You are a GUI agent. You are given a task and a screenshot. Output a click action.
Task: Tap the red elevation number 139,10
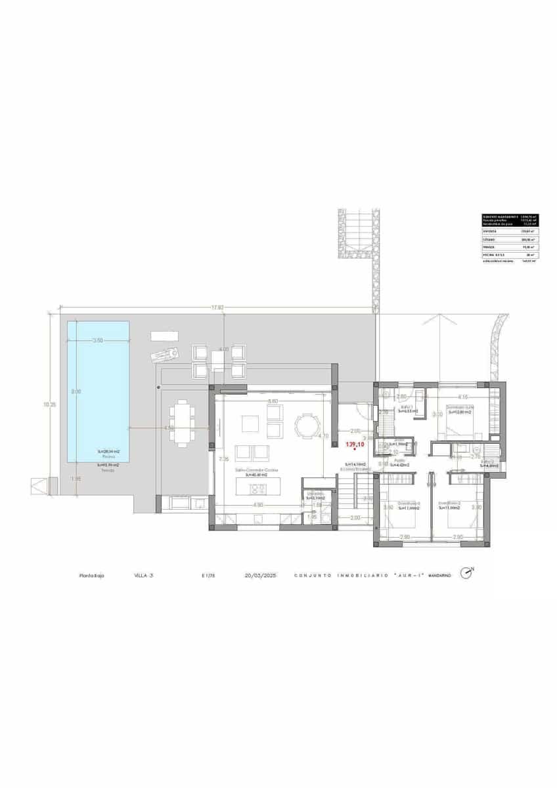(x=355, y=445)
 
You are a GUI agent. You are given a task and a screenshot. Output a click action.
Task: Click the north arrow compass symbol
(x=467, y=573)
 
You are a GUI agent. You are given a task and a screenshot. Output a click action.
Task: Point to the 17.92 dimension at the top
(x=217, y=307)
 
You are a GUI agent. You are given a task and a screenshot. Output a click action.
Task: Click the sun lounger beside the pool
(x=164, y=355)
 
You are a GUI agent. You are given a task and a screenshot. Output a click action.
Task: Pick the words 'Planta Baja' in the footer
(x=91, y=575)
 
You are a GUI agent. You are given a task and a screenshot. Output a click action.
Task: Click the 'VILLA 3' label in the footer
(x=143, y=575)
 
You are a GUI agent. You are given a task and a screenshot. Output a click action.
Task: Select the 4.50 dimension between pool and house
(x=169, y=428)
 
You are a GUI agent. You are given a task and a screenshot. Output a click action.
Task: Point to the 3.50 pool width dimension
(x=98, y=340)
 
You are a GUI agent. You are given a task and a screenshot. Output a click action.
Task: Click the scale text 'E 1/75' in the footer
(x=208, y=575)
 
